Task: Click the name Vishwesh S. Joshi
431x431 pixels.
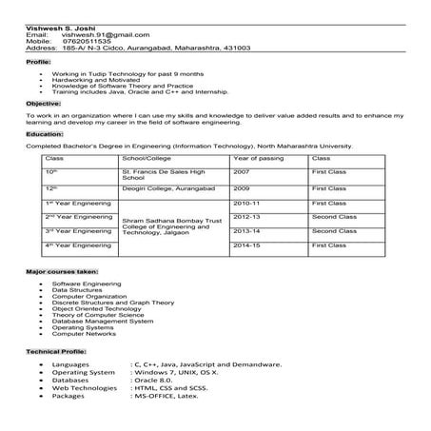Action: pos(51,28)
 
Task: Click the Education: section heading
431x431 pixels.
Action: pos(45,134)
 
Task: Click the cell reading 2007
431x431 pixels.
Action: pos(242,172)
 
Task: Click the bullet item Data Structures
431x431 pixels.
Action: pos(75,290)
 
